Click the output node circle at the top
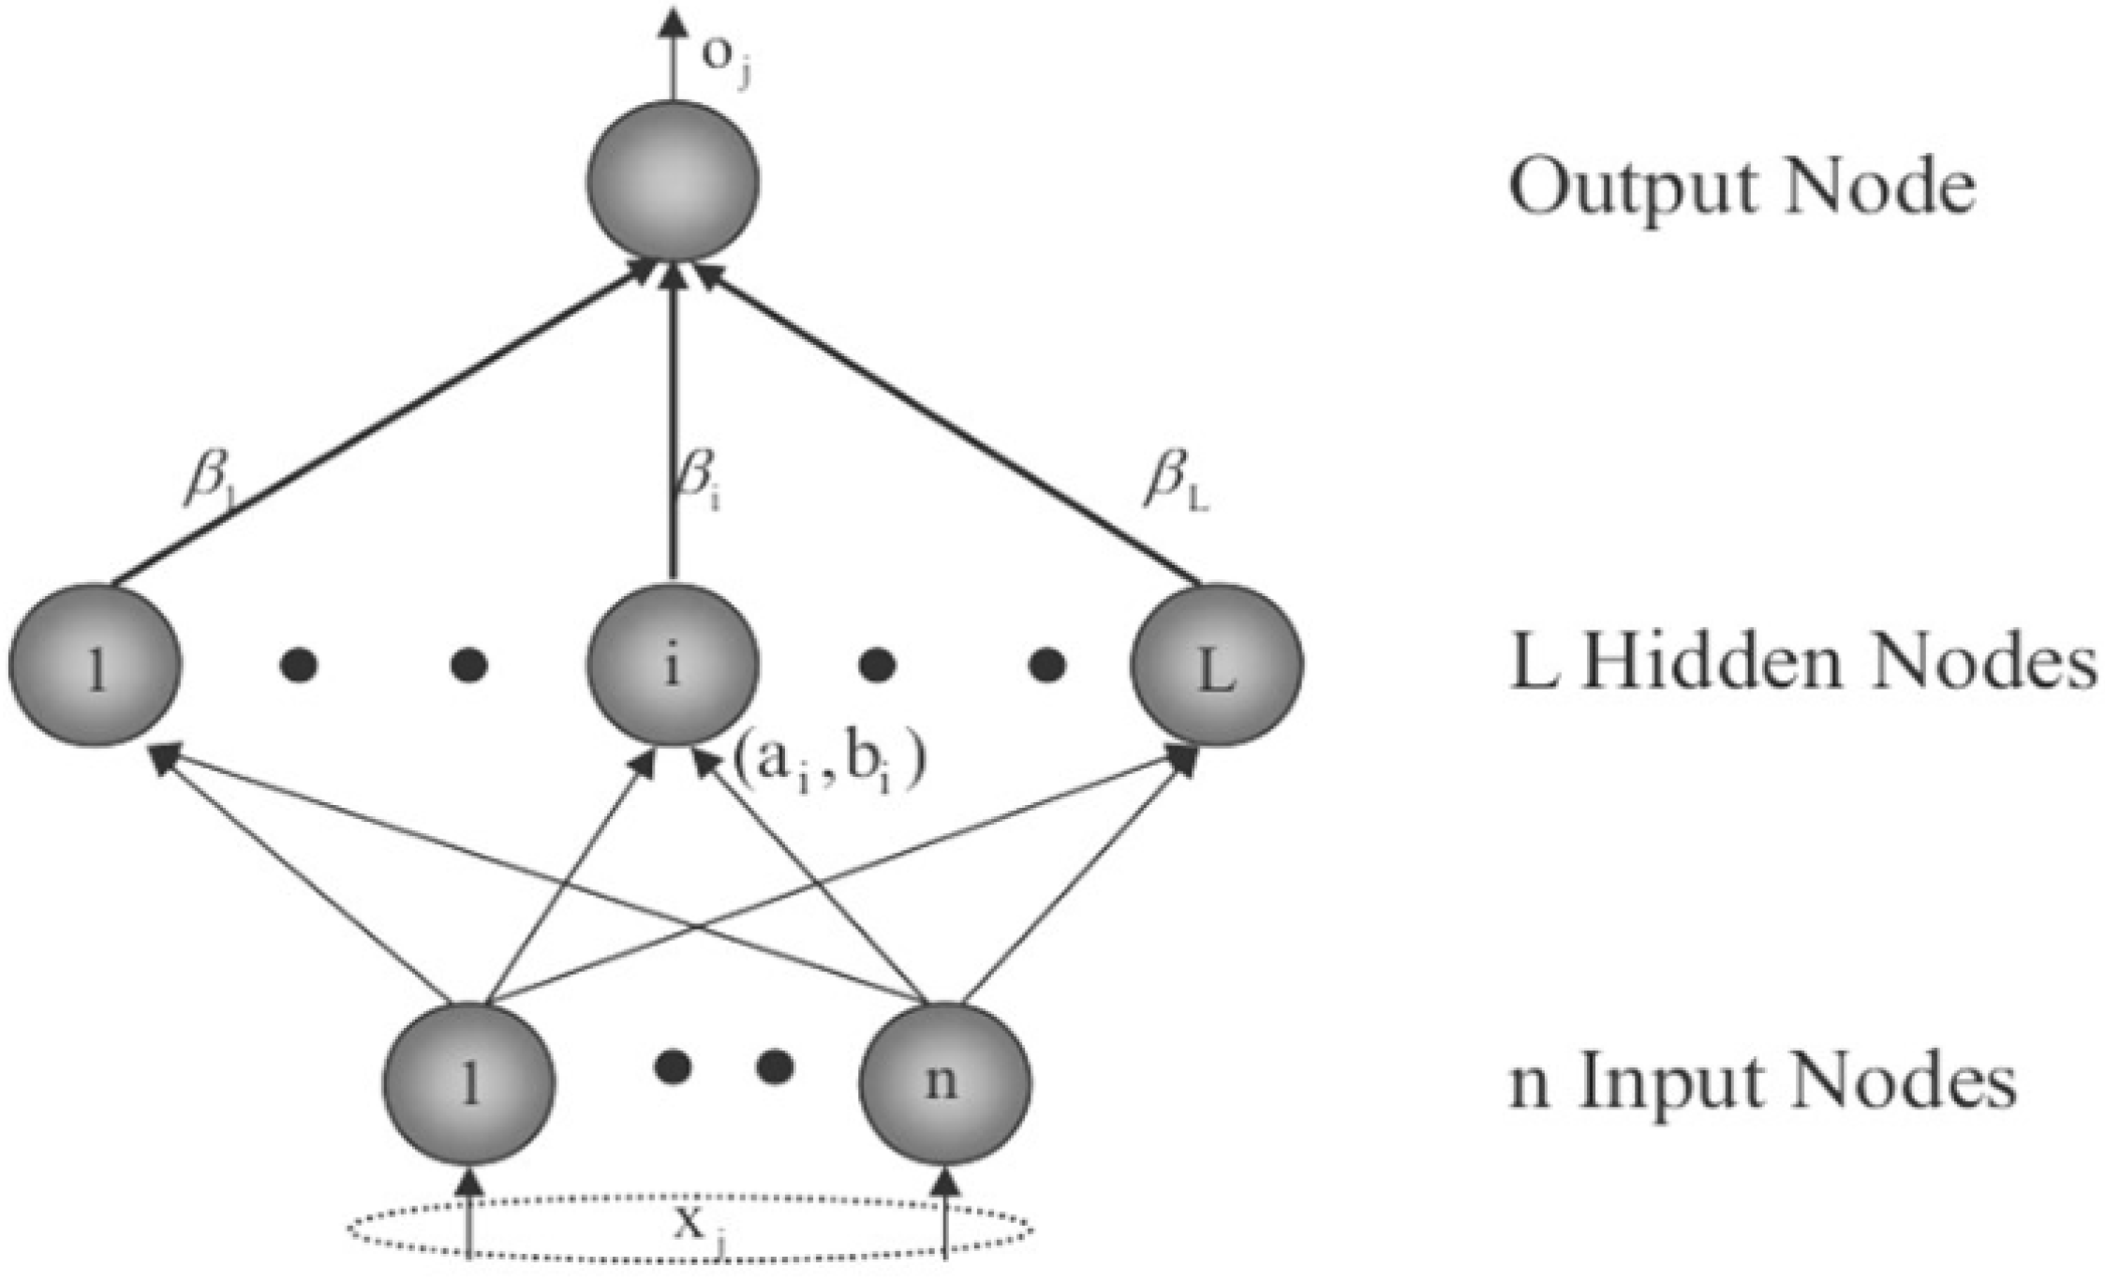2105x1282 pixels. pos(672,181)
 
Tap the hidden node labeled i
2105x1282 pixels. pos(672,664)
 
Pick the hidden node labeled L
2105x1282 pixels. pos(1216,664)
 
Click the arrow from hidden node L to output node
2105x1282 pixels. pos(946,422)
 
